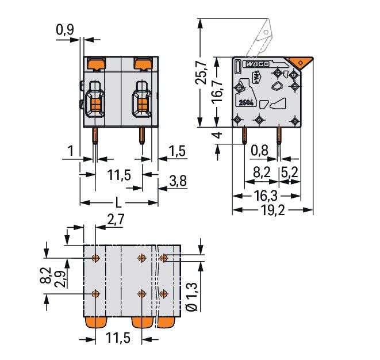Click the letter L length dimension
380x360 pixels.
click(x=118, y=202)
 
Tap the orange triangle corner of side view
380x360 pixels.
click(x=300, y=63)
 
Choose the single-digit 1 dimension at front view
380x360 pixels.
click(x=70, y=152)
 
